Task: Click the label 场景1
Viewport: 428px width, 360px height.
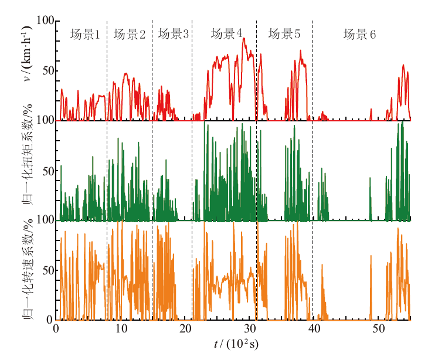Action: [85, 35]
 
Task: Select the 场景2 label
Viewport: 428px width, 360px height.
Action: [130, 35]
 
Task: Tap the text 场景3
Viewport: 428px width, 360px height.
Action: [173, 35]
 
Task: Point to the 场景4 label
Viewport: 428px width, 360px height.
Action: [227, 34]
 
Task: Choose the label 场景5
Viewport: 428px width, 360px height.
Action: [284, 34]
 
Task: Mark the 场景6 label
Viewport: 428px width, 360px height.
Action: [359, 35]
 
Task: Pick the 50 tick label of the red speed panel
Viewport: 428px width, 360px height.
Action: [47, 71]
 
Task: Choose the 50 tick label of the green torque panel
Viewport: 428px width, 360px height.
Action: [47, 171]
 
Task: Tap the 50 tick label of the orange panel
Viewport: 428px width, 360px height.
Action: [47, 271]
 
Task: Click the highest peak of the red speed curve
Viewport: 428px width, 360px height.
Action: [243, 38]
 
